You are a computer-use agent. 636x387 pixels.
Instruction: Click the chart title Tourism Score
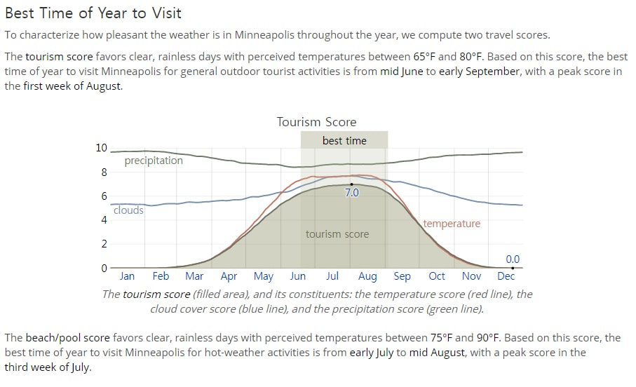click(x=316, y=122)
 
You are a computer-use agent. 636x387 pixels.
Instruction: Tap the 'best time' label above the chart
click(x=344, y=141)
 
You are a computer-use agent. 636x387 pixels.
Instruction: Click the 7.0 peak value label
click(x=352, y=192)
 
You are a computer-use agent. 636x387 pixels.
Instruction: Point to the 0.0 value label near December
click(x=513, y=259)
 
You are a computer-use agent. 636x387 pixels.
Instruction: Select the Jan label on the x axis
click(x=127, y=276)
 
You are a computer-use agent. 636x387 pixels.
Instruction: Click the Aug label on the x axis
click(x=367, y=277)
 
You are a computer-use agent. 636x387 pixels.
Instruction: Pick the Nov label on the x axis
click(x=471, y=276)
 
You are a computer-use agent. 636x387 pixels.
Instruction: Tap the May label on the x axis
click(x=263, y=277)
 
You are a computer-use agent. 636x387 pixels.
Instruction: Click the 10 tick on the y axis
click(x=102, y=148)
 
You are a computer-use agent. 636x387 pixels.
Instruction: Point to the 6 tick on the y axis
click(x=104, y=196)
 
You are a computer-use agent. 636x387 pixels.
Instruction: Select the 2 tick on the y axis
click(x=104, y=244)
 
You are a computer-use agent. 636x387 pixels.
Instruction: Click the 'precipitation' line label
click(x=154, y=161)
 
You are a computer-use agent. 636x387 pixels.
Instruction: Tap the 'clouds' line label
click(x=128, y=210)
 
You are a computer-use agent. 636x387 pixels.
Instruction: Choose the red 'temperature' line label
click(x=452, y=224)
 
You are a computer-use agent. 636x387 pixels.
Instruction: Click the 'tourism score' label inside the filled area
click(x=337, y=234)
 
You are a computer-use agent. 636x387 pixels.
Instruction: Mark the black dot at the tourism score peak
click(x=352, y=184)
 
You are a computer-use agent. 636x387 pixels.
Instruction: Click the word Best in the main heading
click(x=19, y=13)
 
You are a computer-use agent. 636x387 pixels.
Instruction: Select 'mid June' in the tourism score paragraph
click(x=402, y=72)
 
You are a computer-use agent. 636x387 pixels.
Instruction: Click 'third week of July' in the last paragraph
click(x=47, y=367)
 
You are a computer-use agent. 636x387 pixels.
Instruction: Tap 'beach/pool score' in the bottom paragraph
click(x=68, y=337)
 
